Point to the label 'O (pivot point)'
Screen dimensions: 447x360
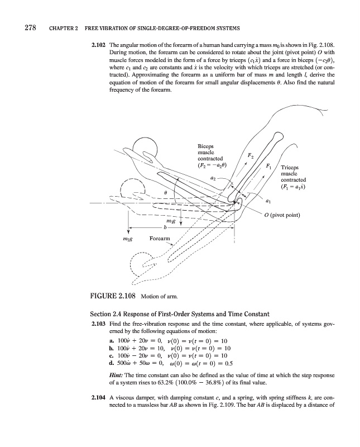tap(301, 215)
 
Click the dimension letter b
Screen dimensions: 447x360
tap(165, 227)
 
